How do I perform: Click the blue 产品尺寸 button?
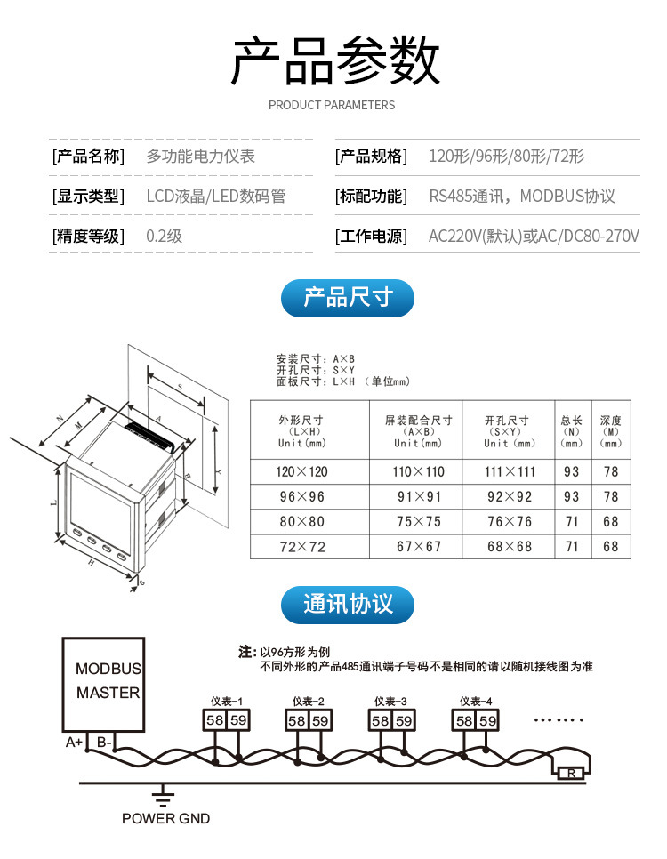(348, 298)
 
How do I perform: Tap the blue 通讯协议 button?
(348, 605)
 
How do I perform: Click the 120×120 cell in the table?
(302, 471)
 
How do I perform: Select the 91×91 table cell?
(419, 497)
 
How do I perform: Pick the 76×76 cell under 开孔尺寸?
(510, 521)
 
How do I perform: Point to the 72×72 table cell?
(302, 547)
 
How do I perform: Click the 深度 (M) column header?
(611, 431)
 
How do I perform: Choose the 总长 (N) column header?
(572, 431)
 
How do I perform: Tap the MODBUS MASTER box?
(103, 684)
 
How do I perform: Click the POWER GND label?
(166, 818)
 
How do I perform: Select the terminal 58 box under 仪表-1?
(214, 720)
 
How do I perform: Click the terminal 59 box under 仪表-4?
(487, 720)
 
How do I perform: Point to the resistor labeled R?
(572, 774)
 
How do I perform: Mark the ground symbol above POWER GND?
(162, 796)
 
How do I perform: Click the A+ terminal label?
(74, 743)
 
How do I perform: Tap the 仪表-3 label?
(390, 702)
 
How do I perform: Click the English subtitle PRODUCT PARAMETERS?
(332, 105)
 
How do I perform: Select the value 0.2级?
(164, 237)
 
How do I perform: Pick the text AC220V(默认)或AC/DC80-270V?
(534, 237)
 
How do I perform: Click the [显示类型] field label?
(88, 197)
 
